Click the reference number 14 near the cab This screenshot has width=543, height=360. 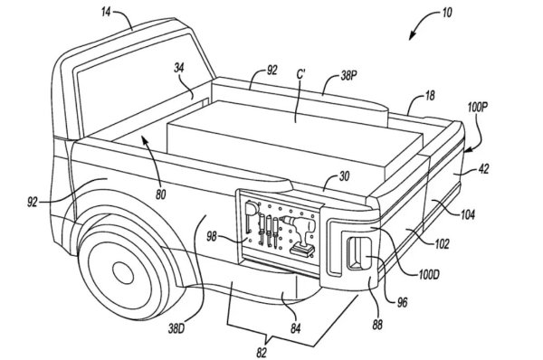(106, 13)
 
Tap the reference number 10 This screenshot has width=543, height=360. (447, 13)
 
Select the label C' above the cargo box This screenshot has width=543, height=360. (300, 75)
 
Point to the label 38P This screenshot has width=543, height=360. (348, 76)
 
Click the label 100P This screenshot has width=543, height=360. (477, 108)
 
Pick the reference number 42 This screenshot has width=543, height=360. (483, 169)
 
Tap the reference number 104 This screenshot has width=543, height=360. (468, 215)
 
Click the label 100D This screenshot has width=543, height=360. (429, 275)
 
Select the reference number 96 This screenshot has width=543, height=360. (402, 303)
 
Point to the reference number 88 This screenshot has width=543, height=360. (377, 325)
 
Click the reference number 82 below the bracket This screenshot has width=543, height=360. (262, 353)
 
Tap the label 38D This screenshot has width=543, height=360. (176, 328)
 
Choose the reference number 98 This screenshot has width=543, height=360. (212, 237)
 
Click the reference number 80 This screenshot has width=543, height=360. (160, 194)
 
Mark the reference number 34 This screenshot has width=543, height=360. (178, 68)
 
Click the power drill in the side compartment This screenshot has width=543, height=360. (300, 235)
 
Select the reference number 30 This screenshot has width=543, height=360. (344, 176)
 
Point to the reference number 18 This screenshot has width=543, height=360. (430, 96)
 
